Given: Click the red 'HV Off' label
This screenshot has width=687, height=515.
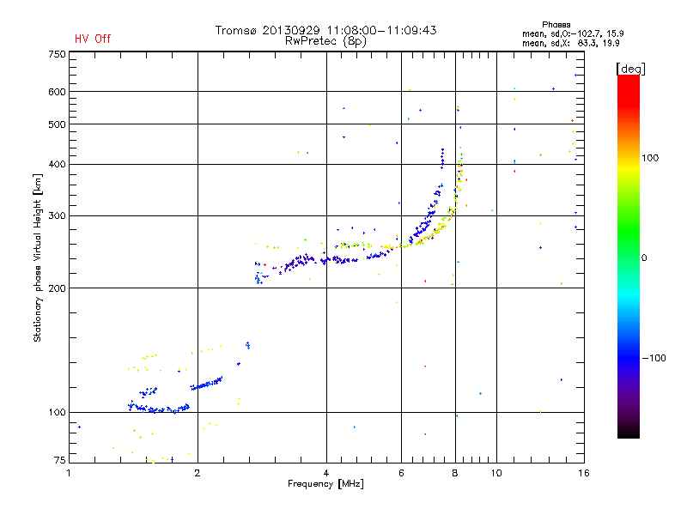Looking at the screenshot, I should [92, 39].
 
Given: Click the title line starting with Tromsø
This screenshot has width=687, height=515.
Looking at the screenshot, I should [325, 30].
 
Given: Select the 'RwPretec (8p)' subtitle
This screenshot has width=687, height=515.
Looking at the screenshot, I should [325, 40].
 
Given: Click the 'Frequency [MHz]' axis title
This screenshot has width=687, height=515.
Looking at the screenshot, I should [325, 485].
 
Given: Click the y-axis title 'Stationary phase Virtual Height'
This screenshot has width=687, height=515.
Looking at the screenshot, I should [38, 257].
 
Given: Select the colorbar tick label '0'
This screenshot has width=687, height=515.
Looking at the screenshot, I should [645, 257].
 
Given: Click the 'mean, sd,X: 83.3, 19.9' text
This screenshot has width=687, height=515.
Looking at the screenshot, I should [559, 42].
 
